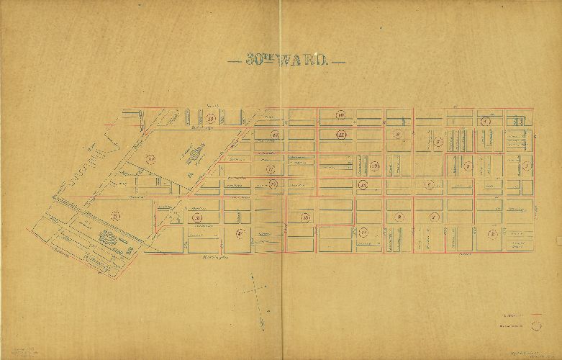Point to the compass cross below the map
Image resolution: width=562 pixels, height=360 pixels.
click(254, 291)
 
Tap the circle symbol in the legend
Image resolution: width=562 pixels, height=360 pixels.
click(535, 325)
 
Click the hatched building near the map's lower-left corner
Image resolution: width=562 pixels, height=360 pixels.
click(106, 238)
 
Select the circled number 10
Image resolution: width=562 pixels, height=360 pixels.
click(341, 115)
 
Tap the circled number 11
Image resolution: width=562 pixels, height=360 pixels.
click(341, 134)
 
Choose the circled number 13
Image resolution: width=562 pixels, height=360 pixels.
click(374, 167)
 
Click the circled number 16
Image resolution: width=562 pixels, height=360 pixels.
click(363, 186)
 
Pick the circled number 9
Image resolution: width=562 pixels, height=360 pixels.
click(397, 134)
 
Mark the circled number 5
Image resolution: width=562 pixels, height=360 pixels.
click(468, 166)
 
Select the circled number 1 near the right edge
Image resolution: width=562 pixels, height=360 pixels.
click(527, 166)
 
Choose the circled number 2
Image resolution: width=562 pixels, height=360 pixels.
click(493, 233)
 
